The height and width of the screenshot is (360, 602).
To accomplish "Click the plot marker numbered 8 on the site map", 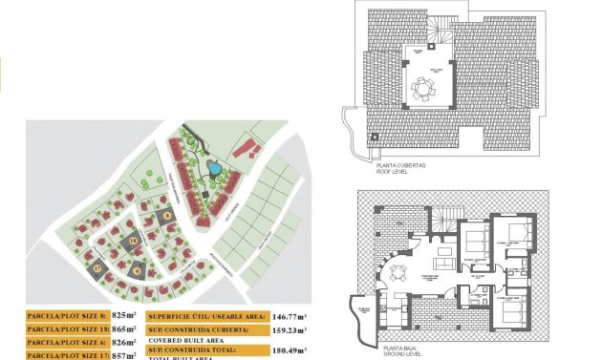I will (x=168, y=215).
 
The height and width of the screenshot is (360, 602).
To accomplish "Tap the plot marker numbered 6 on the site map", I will (x=140, y=269).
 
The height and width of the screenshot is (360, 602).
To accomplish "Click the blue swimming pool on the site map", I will (x=215, y=169).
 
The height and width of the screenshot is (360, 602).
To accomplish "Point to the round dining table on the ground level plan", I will (x=398, y=272).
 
